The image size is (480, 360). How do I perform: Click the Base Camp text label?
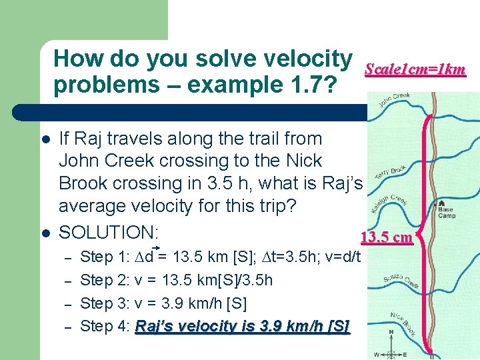445,213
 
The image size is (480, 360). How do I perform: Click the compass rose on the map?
392,343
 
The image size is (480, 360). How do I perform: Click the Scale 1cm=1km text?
415,69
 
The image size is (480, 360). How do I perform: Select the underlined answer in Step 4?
242,326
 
